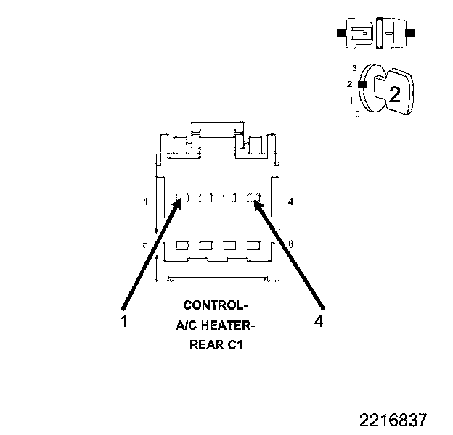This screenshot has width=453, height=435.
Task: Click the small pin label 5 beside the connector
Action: [145, 244]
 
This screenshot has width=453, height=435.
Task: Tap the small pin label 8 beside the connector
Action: [290, 244]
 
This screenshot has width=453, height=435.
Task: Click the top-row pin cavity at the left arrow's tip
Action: [183, 197]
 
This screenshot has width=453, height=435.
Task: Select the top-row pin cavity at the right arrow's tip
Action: [253, 197]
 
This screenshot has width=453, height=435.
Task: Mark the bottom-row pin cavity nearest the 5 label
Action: [183, 244]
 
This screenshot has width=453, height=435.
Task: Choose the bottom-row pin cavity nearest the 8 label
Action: [253, 244]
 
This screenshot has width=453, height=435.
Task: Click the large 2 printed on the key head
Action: [394, 94]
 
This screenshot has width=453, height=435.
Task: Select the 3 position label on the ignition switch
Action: [354, 67]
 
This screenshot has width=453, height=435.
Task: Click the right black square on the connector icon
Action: [412, 33]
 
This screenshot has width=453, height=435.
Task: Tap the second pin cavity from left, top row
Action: [206, 197]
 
